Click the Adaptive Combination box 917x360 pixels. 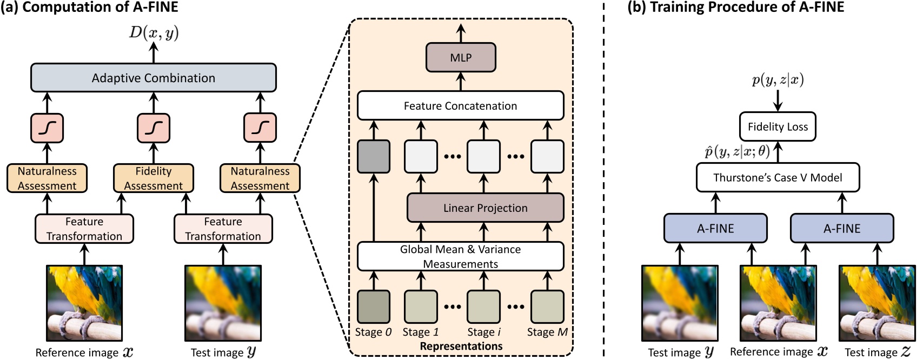[153, 78]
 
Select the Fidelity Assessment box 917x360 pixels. [153, 178]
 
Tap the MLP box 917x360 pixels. [461, 58]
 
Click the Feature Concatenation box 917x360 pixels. [460, 106]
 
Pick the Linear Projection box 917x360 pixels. [485, 208]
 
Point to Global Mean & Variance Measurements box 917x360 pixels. [460, 256]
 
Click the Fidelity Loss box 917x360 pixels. [778, 127]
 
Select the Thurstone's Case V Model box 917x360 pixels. [778, 178]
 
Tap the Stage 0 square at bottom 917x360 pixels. [373, 306]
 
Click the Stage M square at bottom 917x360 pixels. [547, 306]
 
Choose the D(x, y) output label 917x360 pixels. [154, 33]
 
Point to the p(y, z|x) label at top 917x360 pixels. [778, 80]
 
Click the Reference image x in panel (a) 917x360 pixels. [84, 303]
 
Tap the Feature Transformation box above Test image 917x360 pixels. [223, 229]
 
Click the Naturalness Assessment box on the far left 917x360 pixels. [47, 178]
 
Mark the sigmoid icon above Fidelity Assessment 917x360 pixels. [154, 128]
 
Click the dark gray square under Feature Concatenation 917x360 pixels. [373, 156]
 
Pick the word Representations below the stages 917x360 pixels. [461, 346]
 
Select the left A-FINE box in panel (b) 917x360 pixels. [715, 228]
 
